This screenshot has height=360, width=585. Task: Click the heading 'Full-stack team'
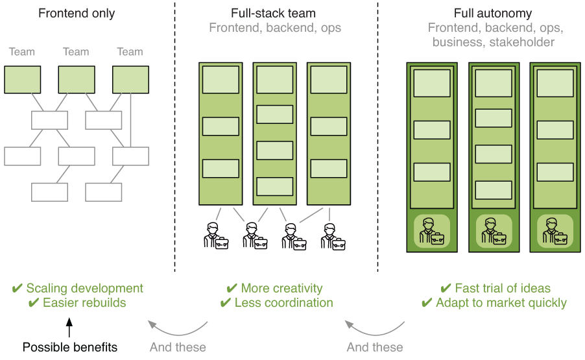274,13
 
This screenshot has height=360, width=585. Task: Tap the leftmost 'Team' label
22,52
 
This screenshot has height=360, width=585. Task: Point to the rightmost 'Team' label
130,52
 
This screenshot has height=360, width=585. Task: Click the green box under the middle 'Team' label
77,80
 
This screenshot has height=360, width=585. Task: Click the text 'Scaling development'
84,289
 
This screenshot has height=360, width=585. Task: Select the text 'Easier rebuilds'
84,303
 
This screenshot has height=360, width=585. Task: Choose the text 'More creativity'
281,289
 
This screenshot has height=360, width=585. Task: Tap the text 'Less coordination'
283,303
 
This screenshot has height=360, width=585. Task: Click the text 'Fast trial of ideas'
503,289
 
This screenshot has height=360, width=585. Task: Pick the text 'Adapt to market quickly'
501,303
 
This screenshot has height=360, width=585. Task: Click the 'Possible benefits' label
70,347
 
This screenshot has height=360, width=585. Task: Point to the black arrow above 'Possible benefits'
70,326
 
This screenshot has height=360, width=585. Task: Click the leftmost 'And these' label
178,347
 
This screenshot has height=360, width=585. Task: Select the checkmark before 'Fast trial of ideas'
446,289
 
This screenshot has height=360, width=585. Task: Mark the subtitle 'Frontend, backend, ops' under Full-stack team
274,28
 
